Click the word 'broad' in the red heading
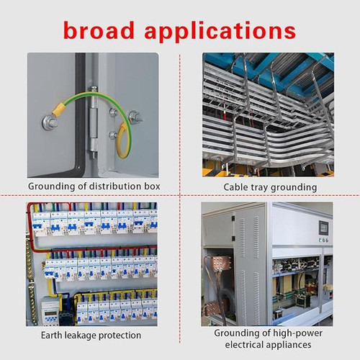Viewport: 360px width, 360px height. [x=99, y=30]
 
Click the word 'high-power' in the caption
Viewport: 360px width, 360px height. [x=297, y=333]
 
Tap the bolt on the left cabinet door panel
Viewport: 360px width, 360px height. [x=50, y=122]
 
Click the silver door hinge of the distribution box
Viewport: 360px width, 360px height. [x=94, y=122]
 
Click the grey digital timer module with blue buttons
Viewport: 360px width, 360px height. [x=50, y=311]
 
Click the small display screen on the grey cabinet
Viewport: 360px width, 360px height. [x=323, y=228]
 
